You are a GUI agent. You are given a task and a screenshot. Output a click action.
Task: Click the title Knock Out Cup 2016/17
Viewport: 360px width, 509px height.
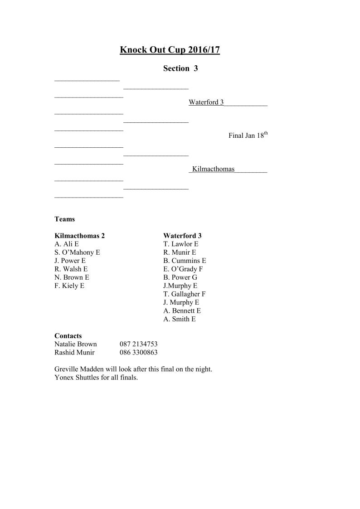pyautogui.click(x=170, y=50)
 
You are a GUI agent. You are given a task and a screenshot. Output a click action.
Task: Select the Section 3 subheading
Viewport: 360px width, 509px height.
pyautogui.click(x=180, y=68)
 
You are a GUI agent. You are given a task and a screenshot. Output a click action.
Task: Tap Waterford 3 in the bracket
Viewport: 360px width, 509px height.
pyautogui.click(x=206, y=102)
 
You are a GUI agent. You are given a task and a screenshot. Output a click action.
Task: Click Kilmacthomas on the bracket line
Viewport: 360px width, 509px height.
pyautogui.click(x=213, y=169)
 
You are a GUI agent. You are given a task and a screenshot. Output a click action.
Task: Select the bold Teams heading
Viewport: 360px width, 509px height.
pyautogui.click(x=65, y=219)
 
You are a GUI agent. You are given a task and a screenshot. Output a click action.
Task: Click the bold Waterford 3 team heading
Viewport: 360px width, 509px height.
pyautogui.click(x=182, y=236)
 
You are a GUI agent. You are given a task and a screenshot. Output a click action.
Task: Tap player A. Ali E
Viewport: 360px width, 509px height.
pyautogui.click(x=67, y=244)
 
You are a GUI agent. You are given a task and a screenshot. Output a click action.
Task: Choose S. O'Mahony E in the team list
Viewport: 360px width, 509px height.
pyautogui.click(x=77, y=252)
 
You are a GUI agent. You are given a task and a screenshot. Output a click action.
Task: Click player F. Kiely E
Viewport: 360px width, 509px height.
pyautogui.click(x=69, y=286)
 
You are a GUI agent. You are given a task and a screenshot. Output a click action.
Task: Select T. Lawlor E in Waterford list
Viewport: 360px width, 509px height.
pyautogui.click(x=181, y=244)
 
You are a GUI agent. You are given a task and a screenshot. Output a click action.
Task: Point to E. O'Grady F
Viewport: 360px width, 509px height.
pyautogui.click(x=183, y=269)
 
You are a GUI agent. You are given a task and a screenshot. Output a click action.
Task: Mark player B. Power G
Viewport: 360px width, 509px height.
pyautogui.click(x=180, y=277)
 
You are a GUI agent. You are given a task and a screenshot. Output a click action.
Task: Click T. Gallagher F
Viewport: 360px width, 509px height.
pyautogui.click(x=185, y=294)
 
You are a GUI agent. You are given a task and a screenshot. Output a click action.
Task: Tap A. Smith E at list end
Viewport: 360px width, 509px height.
pyautogui.click(x=180, y=319)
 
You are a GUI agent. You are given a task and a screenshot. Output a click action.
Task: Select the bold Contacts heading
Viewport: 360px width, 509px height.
pyautogui.click(x=68, y=336)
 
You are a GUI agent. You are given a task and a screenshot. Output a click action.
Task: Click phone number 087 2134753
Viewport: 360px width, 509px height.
pyautogui.click(x=138, y=344)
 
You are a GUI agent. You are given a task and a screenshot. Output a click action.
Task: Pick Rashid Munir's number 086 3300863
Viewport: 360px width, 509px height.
pyautogui.click(x=138, y=352)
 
